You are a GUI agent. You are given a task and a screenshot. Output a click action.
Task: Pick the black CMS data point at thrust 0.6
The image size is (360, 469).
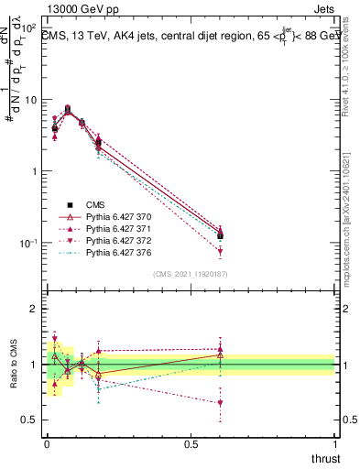220,236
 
